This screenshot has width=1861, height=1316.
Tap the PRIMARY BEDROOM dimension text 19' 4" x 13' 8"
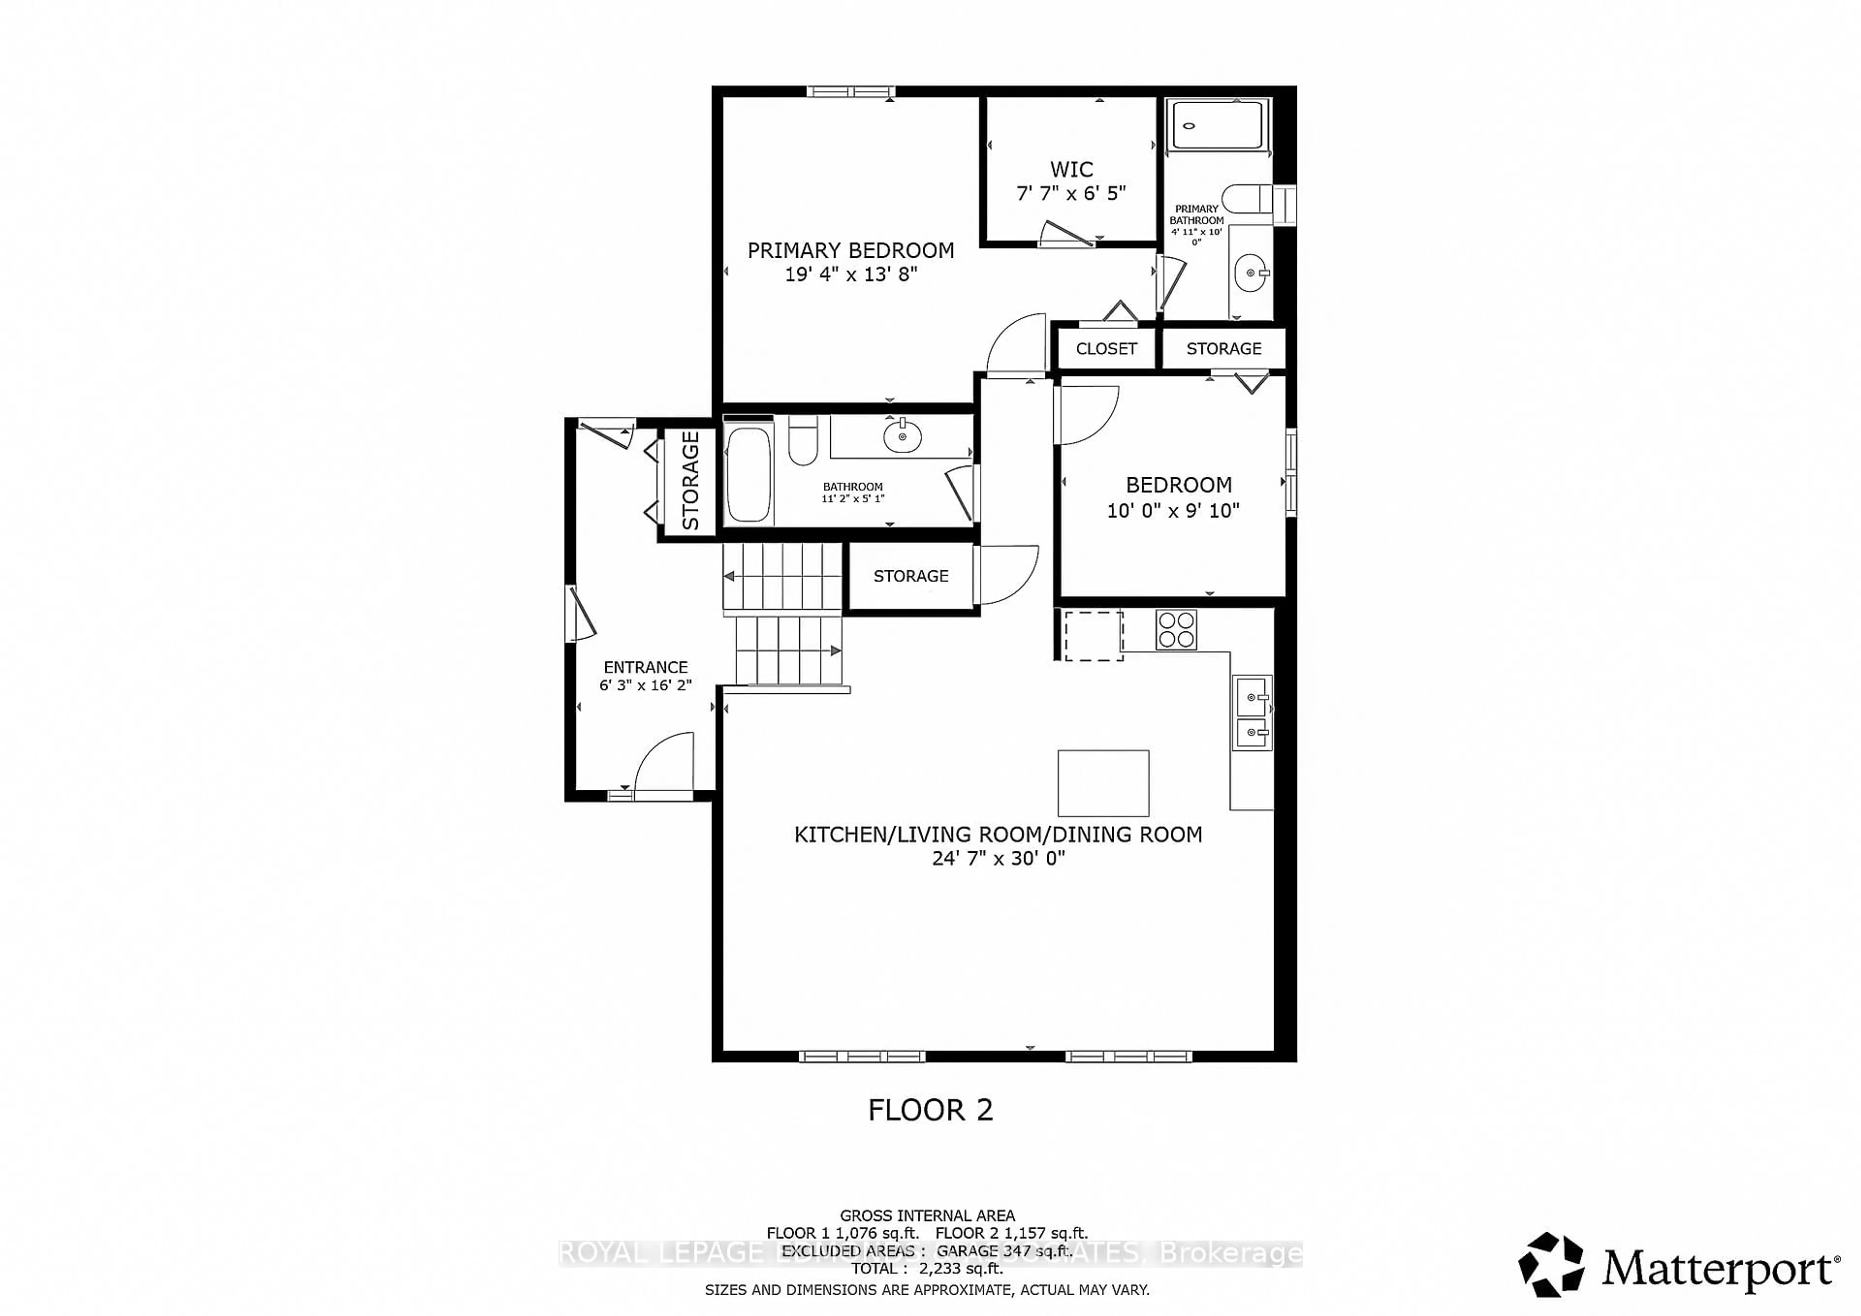tap(850, 275)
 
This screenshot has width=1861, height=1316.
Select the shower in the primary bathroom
tap(1217, 125)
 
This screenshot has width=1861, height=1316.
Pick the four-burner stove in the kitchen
tap(1176, 629)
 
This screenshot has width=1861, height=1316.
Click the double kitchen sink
tap(1252, 714)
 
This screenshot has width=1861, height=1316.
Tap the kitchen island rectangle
tap(1103, 783)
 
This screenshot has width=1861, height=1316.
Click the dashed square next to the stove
tap(1093, 636)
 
